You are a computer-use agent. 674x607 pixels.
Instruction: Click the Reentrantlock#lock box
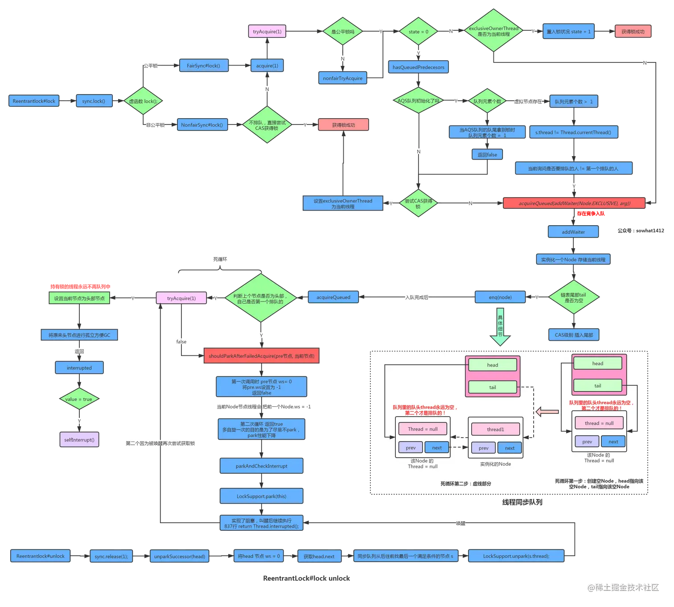pos(34,101)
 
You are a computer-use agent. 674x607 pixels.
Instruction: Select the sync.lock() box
pos(94,101)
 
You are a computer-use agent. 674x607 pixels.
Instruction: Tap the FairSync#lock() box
pos(203,66)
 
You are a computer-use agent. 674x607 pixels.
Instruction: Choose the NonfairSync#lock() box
pos(202,125)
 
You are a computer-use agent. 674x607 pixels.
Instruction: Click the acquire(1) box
pos(267,66)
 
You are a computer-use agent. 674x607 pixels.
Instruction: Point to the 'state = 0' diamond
pos(418,32)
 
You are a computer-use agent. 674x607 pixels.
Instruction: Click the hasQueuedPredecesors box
pos(418,67)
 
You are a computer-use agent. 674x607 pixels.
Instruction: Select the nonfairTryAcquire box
pos(342,78)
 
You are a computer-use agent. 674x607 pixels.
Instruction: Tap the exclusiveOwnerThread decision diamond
pos(493,31)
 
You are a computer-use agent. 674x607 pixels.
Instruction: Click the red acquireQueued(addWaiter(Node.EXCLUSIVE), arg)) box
pos(574,203)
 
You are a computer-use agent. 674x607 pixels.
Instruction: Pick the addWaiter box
pos(573,232)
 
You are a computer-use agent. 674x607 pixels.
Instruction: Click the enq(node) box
pos(500,297)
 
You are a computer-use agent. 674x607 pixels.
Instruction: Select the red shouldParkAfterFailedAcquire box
pos(261,356)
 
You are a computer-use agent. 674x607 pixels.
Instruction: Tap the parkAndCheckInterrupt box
pos(261,466)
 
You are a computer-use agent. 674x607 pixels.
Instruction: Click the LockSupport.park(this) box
pos(261,496)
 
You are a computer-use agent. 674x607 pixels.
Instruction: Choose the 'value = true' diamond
pos(79,399)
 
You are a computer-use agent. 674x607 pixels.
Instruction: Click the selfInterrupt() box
pos(79,440)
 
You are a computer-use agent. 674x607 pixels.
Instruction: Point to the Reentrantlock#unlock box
pos(40,556)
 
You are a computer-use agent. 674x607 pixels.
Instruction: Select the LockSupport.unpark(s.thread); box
pos(516,556)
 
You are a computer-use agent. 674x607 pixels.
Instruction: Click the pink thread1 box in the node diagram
pos(495,429)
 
